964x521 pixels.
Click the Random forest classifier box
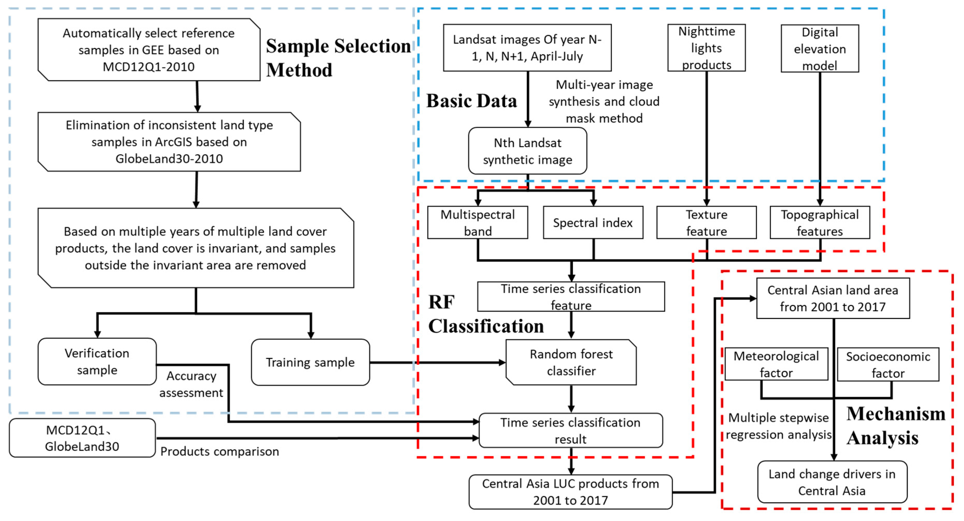(571, 362)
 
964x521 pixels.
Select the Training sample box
(310, 362)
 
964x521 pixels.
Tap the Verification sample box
(97, 361)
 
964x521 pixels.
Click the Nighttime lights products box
(707, 48)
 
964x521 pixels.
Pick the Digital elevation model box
(819, 49)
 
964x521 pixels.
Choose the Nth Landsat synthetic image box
(527, 151)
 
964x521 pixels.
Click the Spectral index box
(593, 222)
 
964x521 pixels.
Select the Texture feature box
(706, 222)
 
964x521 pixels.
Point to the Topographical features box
(819, 222)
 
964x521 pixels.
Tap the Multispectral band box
(477, 222)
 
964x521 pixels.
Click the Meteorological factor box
(776, 364)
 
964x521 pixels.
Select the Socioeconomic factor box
(888, 365)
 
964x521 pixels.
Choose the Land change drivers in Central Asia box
(832, 482)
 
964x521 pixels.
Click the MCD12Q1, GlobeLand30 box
(82, 438)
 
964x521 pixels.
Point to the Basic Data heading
(472, 101)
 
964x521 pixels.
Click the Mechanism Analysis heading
(895, 426)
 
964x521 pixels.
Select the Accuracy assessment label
(191, 384)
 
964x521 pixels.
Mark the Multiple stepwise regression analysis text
(778, 426)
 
